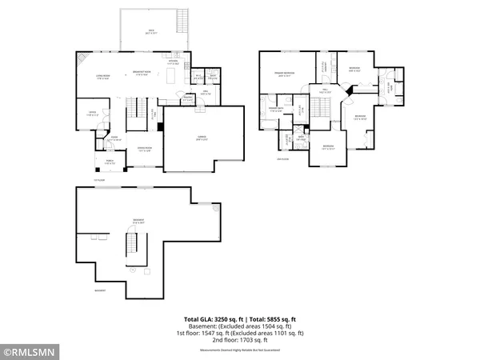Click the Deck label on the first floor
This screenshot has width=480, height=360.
click(151, 32)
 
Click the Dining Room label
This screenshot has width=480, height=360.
click(145, 149)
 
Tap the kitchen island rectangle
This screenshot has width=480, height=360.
click(170, 76)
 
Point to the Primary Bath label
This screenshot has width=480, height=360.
click(277, 109)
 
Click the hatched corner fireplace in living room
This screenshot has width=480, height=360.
click(80, 58)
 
